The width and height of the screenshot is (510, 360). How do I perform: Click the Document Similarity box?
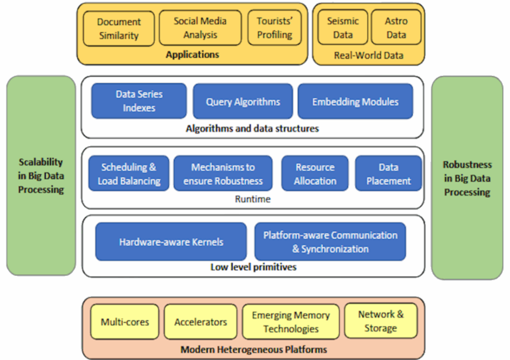(119, 29)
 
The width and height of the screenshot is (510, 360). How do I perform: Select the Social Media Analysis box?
(200, 28)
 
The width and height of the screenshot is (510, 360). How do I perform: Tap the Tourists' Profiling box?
(274, 28)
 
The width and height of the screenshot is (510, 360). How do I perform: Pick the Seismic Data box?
(343, 28)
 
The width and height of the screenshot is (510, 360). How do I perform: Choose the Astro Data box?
(396, 28)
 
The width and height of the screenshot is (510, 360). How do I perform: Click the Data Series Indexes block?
(139, 101)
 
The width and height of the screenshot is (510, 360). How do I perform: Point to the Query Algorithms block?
(243, 102)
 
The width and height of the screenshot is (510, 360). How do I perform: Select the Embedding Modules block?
(355, 102)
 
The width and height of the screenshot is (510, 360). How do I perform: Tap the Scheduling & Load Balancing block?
(129, 174)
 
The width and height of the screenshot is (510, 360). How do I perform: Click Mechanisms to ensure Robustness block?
(223, 174)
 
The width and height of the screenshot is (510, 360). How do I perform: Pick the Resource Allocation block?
(315, 174)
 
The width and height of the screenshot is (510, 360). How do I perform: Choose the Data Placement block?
(388, 174)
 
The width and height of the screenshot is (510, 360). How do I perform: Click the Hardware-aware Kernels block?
(171, 242)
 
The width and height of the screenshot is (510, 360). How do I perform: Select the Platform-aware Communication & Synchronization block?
(330, 242)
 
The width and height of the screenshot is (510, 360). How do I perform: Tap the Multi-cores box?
(125, 322)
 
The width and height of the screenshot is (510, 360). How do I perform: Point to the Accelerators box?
(200, 322)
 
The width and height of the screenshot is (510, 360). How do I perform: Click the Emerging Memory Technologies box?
(290, 322)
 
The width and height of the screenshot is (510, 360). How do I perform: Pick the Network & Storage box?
(381, 321)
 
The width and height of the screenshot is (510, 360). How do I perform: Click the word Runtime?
(253, 199)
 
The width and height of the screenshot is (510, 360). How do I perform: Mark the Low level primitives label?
(253, 267)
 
